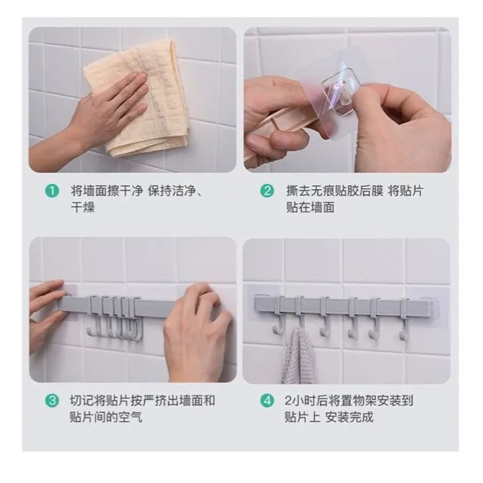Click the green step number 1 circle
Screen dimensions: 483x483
tap(52, 191)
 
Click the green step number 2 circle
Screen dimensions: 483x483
tap(267, 191)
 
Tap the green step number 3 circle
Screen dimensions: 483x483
tap(52, 401)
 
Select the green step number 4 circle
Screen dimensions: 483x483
tap(267, 401)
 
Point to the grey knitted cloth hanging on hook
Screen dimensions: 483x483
tap(298, 357)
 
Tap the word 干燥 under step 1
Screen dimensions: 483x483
tap(83, 207)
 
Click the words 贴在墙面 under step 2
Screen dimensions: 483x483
tap(310, 207)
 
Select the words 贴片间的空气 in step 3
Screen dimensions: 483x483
tap(106, 417)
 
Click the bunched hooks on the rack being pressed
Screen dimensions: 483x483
tap(115, 317)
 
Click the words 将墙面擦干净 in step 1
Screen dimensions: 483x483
tap(107, 191)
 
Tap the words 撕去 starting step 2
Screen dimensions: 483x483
tap(298, 191)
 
